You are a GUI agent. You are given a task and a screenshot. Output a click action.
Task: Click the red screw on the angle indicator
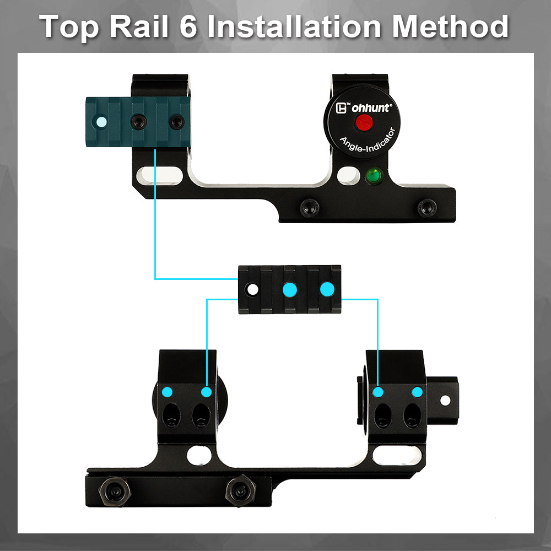pos(364,122)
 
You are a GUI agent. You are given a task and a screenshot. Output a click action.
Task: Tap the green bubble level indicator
pos(374,175)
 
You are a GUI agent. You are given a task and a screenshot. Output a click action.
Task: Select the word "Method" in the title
pos(450,26)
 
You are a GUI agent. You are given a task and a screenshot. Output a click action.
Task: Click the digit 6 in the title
pos(188,26)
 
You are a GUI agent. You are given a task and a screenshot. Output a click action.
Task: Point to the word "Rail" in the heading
pos(139,26)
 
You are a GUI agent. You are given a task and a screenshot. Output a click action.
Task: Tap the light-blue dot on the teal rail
pos(101,122)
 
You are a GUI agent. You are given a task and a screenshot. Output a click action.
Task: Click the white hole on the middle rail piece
pos(252,290)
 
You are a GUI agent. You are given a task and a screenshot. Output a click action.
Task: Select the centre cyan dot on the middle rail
pos(290,290)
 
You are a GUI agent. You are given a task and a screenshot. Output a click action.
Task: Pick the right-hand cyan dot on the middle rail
pos(327,289)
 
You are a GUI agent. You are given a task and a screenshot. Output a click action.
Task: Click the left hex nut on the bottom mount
pos(115,491)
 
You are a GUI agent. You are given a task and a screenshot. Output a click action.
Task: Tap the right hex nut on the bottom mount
pos(241,490)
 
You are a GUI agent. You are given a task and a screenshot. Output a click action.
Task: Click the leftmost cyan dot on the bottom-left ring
pos(168,392)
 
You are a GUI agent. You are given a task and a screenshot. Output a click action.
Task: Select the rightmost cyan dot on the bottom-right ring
pos(417,392)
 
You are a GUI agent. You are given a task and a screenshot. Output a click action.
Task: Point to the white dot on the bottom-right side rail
pos(445,400)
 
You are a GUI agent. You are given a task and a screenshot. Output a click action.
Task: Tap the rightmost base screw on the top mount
pos(427,208)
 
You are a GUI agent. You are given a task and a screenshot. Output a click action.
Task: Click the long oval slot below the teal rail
pos(160,175)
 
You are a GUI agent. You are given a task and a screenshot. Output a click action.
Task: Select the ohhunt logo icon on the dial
pos(341,108)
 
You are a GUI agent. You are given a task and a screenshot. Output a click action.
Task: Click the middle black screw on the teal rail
pos(139,122)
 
